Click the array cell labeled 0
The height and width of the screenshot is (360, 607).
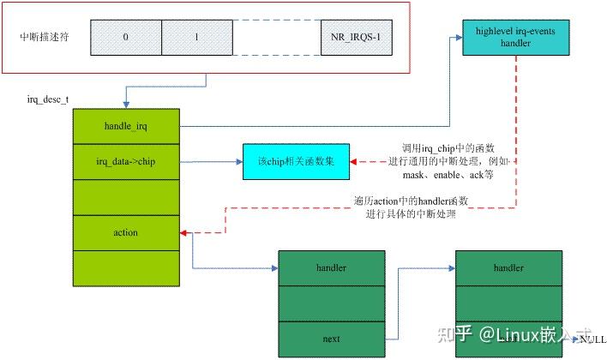pyautogui.click(x=125, y=38)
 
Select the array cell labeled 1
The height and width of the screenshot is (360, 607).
pyautogui.click(x=196, y=38)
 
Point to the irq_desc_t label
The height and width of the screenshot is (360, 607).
pyautogui.click(x=49, y=100)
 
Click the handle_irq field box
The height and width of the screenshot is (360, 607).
pyautogui.click(x=125, y=126)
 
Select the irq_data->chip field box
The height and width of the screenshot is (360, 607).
pyautogui.click(x=125, y=161)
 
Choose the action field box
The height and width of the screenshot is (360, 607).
pyautogui.click(x=125, y=232)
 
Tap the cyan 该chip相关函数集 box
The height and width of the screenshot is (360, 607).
pyautogui.click(x=296, y=161)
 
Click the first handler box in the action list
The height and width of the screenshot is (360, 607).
pyautogui.click(x=331, y=267)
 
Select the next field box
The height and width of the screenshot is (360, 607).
pyautogui.click(x=331, y=339)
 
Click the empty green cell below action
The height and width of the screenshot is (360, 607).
pyautogui.click(x=125, y=267)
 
